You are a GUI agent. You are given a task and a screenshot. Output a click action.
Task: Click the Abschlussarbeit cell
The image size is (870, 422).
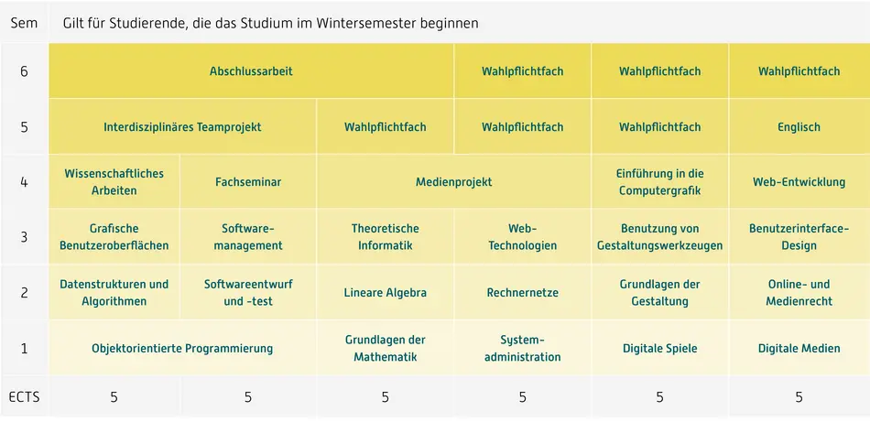point(251,71)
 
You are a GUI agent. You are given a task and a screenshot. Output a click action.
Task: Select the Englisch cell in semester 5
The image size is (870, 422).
point(799,127)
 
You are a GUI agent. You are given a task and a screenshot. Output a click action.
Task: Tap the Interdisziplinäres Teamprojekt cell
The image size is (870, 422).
point(182,127)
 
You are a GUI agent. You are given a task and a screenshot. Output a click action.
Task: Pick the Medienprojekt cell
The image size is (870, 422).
point(453,182)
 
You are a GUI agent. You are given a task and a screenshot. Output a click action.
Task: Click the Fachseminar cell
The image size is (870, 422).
point(248,182)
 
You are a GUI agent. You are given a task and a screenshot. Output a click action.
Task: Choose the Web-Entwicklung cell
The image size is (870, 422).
point(799,182)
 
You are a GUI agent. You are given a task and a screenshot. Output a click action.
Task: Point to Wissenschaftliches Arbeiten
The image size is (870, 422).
point(114,182)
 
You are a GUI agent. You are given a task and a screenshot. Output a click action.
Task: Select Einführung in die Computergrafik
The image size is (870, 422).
point(659,182)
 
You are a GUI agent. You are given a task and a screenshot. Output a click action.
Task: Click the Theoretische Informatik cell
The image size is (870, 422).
point(385,237)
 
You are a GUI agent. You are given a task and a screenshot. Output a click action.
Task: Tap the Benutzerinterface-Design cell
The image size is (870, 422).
point(799,237)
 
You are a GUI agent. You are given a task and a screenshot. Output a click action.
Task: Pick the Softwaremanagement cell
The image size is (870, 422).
point(248,237)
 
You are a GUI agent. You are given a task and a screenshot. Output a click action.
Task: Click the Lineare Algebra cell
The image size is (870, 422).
point(385,293)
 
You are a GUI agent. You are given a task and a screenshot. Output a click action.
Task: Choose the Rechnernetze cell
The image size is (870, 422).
point(522,293)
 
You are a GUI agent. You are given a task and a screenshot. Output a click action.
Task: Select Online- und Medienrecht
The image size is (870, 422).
point(799,293)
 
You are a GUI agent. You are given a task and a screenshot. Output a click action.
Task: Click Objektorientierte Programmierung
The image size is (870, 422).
point(182,349)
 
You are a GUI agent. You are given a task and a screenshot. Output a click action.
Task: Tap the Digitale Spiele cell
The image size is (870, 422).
point(659,349)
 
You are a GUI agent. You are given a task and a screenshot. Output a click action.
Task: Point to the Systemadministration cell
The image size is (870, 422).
point(522,349)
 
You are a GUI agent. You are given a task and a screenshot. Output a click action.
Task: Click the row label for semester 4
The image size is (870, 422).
point(24,182)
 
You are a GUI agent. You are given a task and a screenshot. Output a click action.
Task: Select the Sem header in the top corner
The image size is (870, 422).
point(24,23)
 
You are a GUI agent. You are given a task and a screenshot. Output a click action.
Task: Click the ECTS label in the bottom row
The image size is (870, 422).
point(24,397)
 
